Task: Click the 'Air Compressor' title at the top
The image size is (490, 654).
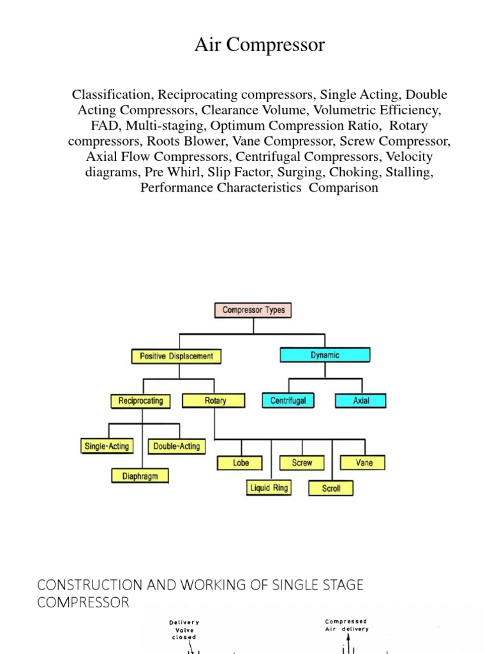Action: (x=259, y=45)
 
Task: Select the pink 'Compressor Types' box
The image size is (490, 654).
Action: (x=253, y=310)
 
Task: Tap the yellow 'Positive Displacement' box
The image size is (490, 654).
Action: (x=177, y=356)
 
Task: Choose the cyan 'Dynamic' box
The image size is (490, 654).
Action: (x=325, y=355)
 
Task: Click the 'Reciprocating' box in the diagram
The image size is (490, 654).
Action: (x=141, y=401)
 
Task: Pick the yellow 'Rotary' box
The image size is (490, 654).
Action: (x=215, y=401)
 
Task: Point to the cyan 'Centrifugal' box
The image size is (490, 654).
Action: (x=288, y=401)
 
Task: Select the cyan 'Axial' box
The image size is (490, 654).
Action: (x=361, y=401)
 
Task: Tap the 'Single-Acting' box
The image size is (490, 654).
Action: (x=106, y=446)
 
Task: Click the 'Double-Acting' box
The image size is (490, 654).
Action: (x=177, y=446)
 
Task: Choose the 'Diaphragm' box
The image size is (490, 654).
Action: (x=140, y=476)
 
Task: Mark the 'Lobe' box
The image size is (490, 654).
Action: (x=241, y=462)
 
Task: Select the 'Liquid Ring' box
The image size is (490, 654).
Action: (x=269, y=488)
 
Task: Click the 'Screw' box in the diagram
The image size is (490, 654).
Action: (x=302, y=462)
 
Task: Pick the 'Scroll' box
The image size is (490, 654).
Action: (x=331, y=489)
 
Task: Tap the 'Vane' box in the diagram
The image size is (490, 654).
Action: (x=364, y=462)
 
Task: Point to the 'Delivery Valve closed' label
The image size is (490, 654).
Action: (x=184, y=629)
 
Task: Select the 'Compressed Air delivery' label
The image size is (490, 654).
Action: (x=346, y=625)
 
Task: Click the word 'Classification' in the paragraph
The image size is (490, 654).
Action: (x=112, y=95)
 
